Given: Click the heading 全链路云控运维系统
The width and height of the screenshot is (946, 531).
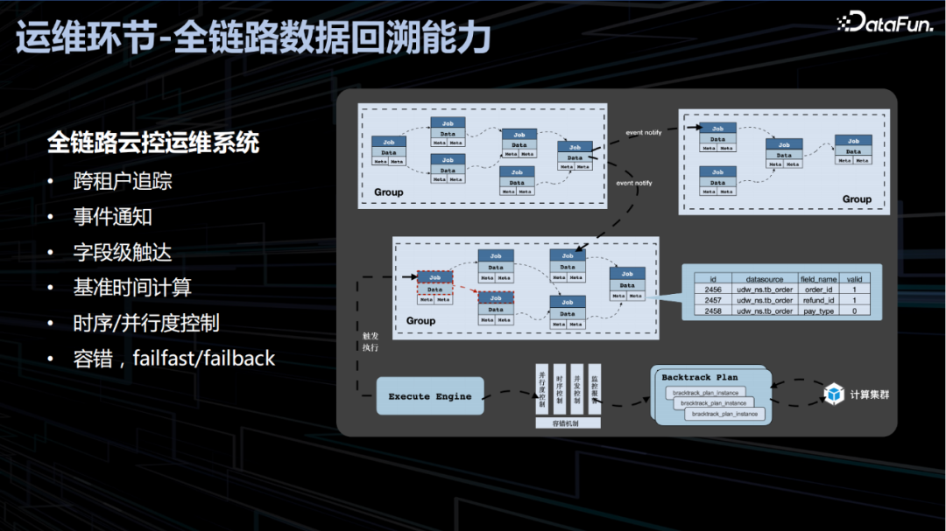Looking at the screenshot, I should [153, 143].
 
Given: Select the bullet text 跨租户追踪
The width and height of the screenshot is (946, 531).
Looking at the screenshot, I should [123, 181].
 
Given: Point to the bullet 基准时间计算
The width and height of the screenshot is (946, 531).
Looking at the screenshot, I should [132, 287].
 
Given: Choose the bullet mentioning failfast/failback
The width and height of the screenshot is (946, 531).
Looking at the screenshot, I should [173, 358].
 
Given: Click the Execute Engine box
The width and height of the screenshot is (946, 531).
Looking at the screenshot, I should [429, 396].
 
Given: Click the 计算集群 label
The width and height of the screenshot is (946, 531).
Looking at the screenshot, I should [869, 395].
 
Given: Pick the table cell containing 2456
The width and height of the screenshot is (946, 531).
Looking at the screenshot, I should [713, 290].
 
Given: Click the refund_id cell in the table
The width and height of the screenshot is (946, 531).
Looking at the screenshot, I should [818, 300].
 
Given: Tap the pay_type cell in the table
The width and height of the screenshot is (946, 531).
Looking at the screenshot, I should [818, 311].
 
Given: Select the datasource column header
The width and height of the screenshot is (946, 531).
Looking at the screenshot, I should [763, 279].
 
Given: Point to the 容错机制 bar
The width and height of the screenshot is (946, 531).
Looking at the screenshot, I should [568, 423].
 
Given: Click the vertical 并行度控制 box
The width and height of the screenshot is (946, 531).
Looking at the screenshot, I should [541, 388].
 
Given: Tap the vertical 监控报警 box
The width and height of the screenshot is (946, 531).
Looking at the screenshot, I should [594, 388].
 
